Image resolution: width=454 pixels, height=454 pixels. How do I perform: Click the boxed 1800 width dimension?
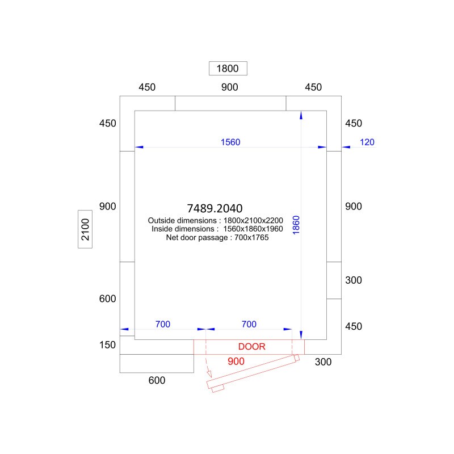(228, 68)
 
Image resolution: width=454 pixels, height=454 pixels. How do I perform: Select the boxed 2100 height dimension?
(85, 229)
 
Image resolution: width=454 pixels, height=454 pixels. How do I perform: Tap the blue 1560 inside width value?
(230, 142)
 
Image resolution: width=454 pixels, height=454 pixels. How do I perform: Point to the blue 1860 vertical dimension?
(296, 225)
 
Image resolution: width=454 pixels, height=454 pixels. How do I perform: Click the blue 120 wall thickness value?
(367, 142)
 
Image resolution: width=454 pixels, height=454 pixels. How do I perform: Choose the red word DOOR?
(251, 347)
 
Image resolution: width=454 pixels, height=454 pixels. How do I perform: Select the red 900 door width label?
(236, 361)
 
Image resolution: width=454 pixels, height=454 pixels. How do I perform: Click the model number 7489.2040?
(215, 208)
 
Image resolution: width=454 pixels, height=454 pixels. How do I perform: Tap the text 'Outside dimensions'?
(182, 220)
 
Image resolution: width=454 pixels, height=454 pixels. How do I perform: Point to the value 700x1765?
(251, 237)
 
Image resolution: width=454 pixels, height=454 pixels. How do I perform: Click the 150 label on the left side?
(107, 345)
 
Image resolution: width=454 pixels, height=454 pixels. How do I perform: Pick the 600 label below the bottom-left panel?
(157, 380)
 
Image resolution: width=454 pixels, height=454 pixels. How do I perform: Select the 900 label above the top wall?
(230, 87)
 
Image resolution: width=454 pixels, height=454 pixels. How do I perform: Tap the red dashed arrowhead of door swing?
(209, 373)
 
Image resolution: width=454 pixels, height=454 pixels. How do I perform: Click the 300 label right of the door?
(323, 361)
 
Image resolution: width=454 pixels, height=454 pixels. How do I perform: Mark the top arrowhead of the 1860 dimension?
(301, 115)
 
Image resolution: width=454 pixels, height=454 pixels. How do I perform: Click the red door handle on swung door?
(218, 389)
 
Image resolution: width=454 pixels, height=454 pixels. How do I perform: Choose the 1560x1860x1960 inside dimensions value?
(253, 229)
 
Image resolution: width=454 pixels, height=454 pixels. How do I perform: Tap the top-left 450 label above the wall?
(147, 87)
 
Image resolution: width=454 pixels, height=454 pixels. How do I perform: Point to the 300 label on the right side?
(354, 280)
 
